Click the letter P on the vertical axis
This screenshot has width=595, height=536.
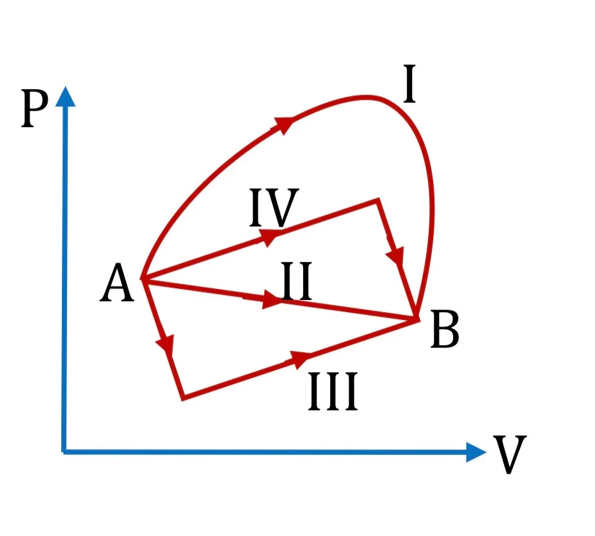pos(35,109)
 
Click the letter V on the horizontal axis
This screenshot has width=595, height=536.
pos(510,454)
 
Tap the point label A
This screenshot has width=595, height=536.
pos(117,283)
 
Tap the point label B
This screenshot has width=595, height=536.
pos(445,329)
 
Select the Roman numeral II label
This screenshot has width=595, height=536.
pos(297,281)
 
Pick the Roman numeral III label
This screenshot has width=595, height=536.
pos(333,392)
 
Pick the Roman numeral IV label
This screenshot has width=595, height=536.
pos(274,208)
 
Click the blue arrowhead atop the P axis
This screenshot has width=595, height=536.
pos(65,96)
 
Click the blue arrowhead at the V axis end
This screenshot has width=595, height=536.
pos(476,452)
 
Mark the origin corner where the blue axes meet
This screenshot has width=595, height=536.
pos(64,452)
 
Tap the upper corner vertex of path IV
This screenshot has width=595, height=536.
pos(378,200)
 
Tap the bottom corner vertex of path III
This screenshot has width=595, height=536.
pos(183,398)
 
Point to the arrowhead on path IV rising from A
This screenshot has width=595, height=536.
pos(270,237)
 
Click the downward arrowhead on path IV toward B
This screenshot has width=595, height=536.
pos(396,254)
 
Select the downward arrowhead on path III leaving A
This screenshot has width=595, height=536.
pos(166,344)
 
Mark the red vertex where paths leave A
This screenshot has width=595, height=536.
pos(142,278)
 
